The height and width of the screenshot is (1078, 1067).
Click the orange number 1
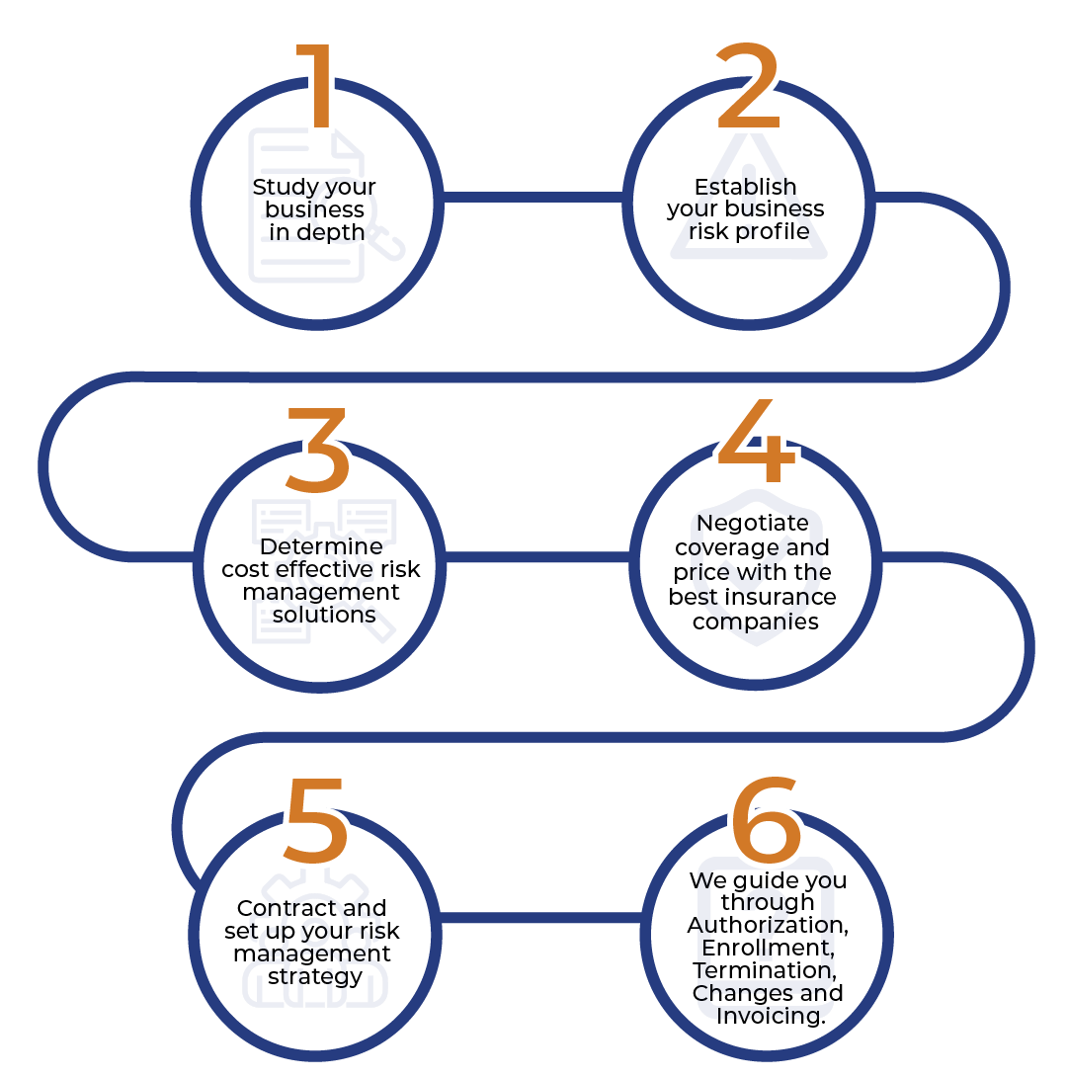[x=315, y=85]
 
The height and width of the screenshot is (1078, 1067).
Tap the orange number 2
[x=748, y=85]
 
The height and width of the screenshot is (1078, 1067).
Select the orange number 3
[x=317, y=451]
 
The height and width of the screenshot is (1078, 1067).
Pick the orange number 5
[x=315, y=820]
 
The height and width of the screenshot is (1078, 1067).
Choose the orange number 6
[x=767, y=819]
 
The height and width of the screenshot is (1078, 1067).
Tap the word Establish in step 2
[x=745, y=187]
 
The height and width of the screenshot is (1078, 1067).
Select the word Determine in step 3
[x=321, y=546]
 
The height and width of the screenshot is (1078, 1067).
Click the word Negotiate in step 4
[x=753, y=523]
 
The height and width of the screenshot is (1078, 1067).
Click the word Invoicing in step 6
[x=770, y=1016]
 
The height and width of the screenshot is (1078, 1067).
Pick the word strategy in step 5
[x=315, y=977]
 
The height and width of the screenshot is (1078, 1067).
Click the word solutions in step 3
[x=324, y=615]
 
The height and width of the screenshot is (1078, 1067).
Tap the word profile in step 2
[x=772, y=231]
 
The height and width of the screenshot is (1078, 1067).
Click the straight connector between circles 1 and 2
[x=533, y=198]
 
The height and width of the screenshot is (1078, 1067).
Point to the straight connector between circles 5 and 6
[x=540, y=918]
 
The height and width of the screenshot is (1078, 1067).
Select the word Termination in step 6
[x=765, y=970]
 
